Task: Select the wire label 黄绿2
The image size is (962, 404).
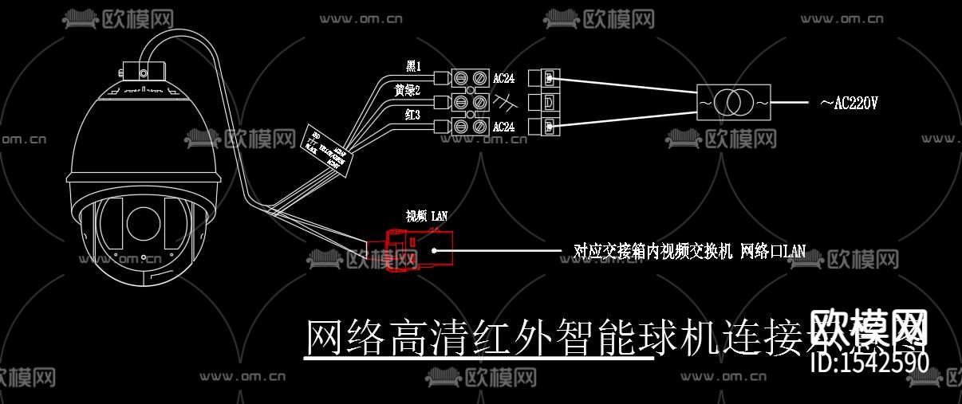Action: tap(407, 91)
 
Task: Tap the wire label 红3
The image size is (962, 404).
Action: tap(412, 116)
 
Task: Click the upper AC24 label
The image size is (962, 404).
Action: tap(504, 78)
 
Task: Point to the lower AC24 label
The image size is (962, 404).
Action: tap(504, 127)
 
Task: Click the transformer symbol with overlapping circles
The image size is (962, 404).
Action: tap(731, 102)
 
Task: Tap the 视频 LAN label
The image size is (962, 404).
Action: tap(428, 216)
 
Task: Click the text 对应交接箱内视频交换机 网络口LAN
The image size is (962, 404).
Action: tap(689, 251)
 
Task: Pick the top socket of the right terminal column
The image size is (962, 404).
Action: tap(549, 78)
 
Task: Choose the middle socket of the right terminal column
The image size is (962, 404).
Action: tap(549, 102)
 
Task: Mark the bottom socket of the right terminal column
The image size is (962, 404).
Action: tap(549, 126)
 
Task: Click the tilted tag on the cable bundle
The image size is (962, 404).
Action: tap(327, 148)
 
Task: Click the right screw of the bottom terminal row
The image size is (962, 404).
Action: tap(480, 126)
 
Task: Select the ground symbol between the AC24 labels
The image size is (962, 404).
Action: tap(504, 102)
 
